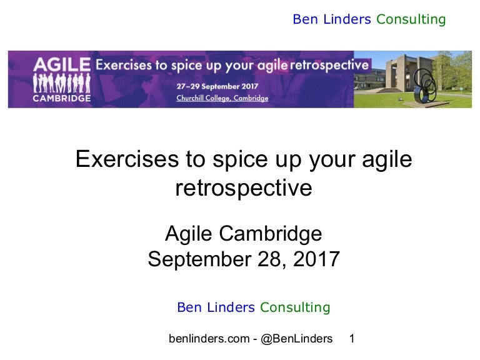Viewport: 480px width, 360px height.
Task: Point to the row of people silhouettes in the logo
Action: point(61,82)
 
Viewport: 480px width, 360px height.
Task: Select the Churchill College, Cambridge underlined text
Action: point(222,98)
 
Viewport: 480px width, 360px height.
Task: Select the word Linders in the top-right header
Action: point(346,19)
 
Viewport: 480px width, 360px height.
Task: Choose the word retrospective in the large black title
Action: point(244,188)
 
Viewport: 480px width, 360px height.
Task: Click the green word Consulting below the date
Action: point(295,307)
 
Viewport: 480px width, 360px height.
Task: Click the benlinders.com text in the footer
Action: point(209,339)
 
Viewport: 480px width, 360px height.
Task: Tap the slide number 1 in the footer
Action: point(352,339)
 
